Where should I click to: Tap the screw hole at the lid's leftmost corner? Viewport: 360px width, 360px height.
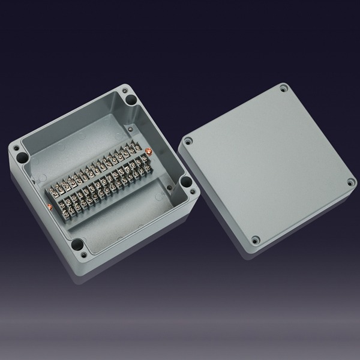(x=188, y=142)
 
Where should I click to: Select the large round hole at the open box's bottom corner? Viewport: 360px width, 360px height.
(x=77, y=244)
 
